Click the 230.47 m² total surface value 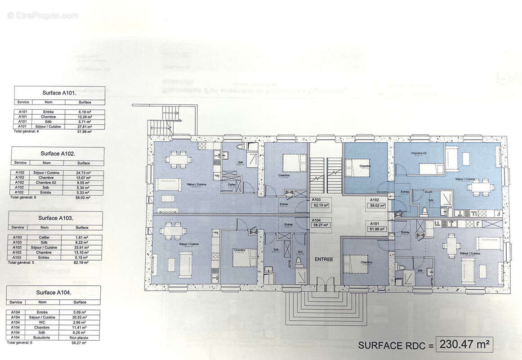click(x=464, y=345)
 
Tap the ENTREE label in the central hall click(x=324, y=259)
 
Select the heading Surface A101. click(x=59, y=93)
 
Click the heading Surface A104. click(x=53, y=292)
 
